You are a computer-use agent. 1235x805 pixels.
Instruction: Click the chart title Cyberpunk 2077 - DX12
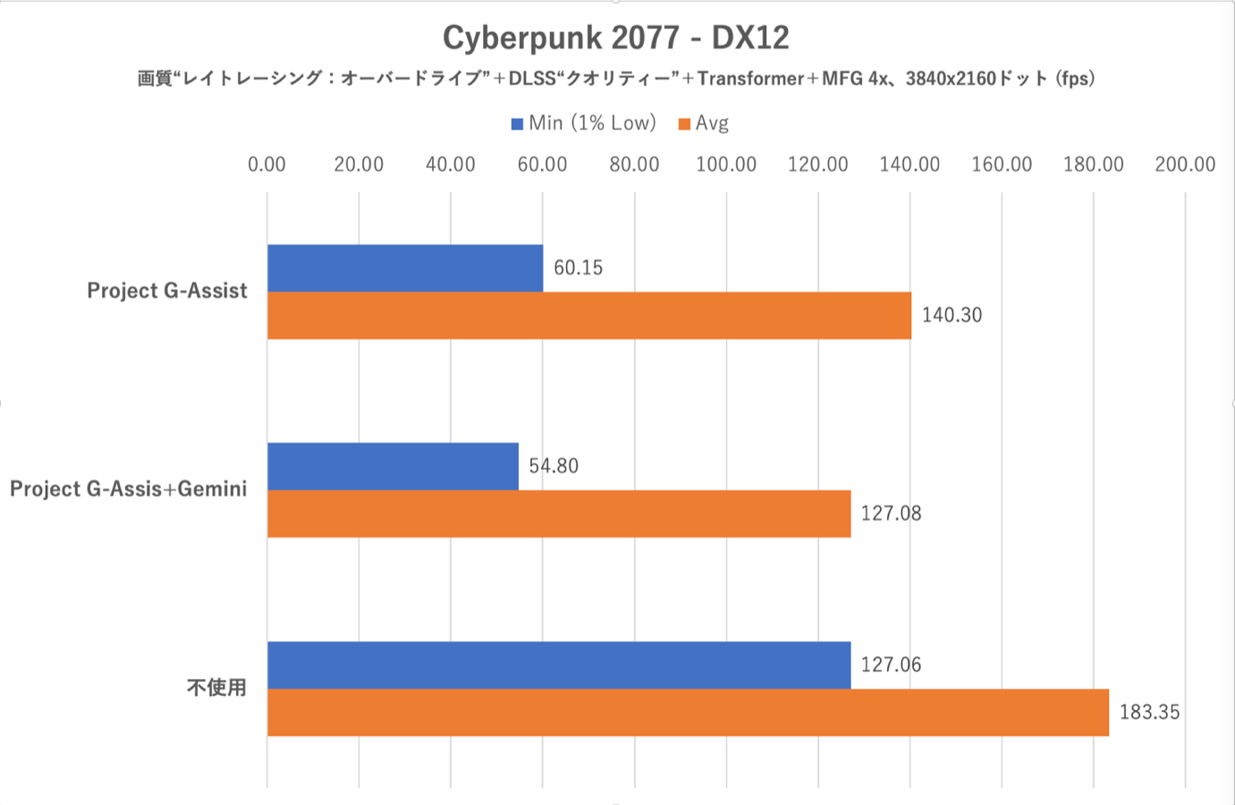(x=616, y=38)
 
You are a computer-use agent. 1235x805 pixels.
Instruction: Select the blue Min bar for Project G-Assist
(x=404, y=267)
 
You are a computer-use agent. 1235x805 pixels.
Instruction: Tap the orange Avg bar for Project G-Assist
(x=588, y=315)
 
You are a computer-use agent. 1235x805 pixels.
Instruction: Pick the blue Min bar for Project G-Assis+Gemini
(x=393, y=466)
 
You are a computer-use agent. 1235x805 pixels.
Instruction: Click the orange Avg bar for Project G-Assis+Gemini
(x=558, y=513)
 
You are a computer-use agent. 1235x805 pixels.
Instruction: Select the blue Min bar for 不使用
(x=558, y=665)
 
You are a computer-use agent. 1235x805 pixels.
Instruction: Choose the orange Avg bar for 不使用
(x=687, y=712)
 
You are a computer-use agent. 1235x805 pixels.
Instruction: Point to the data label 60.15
(x=578, y=267)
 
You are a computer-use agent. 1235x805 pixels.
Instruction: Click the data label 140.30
(x=952, y=315)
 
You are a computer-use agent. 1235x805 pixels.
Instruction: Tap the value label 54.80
(x=554, y=466)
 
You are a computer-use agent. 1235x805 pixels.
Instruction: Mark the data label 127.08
(x=891, y=513)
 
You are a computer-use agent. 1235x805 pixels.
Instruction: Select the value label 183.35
(x=1149, y=712)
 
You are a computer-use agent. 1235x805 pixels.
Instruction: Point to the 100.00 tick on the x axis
(x=726, y=165)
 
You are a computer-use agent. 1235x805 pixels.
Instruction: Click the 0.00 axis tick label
(x=266, y=165)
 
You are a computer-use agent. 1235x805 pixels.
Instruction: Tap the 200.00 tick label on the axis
(x=1185, y=165)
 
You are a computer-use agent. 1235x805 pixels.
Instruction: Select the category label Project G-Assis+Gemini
(x=128, y=489)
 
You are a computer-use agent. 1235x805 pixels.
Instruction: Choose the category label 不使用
(x=216, y=688)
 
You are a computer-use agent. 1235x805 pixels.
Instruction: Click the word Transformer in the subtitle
(x=750, y=79)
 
